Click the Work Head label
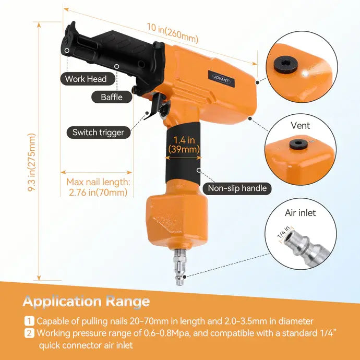click(x=88, y=79)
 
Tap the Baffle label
click(x=112, y=97)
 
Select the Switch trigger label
click(x=98, y=133)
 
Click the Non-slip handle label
click(x=237, y=188)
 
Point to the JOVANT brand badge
click(x=221, y=79)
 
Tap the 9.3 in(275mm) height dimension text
click(x=31, y=162)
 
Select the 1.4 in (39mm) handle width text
click(x=184, y=145)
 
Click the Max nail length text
click(x=98, y=187)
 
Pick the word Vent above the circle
click(x=301, y=126)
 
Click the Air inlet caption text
click(x=301, y=213)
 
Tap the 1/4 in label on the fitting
click(x=284, y=232)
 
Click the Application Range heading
click(x=86, y=301)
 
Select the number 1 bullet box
click(x=29, y=321)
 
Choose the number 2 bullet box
click(x=29, y=333)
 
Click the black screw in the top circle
click(x=286, y=64)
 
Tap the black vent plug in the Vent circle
click(x=298, y=144)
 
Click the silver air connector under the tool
click(x=180, y=267)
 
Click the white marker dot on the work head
click(x=67, y=50)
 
